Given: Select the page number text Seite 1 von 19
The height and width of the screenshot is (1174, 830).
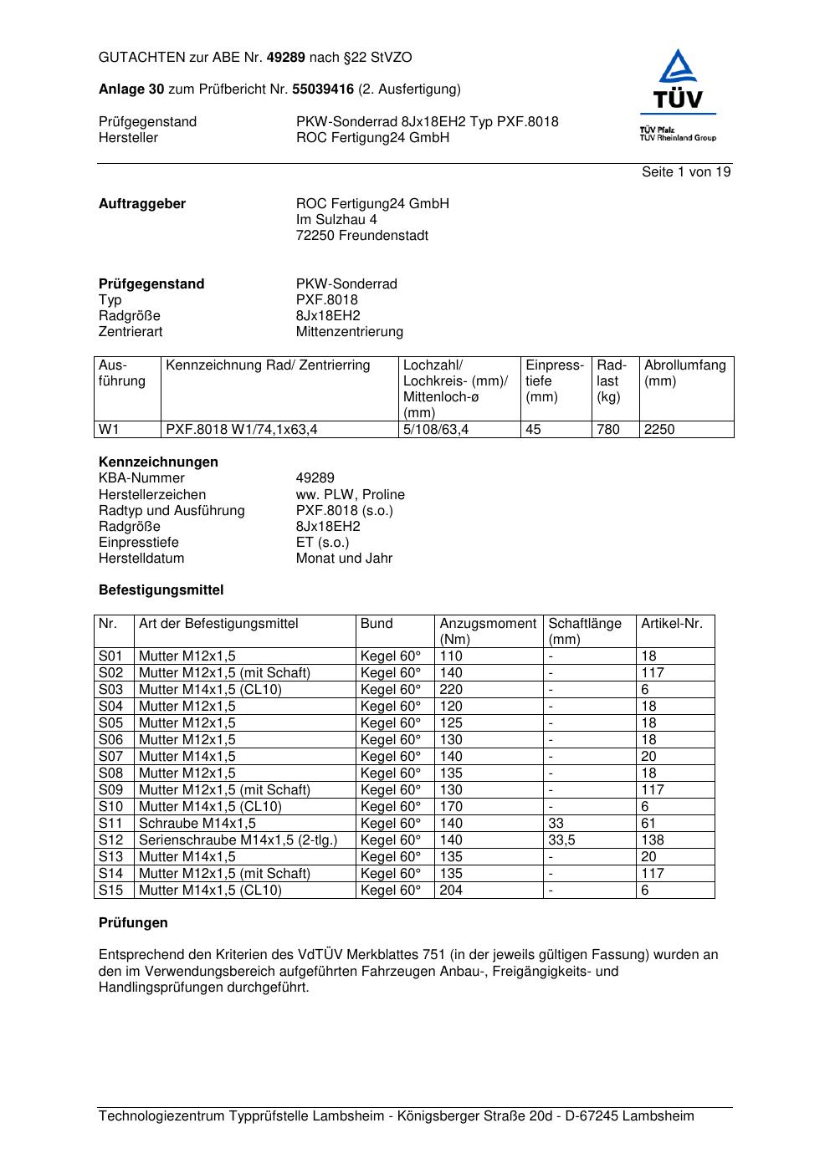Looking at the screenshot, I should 686,172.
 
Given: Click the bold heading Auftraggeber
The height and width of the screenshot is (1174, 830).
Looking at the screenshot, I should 142,204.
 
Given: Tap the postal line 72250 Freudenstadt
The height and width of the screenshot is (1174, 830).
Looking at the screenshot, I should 361,236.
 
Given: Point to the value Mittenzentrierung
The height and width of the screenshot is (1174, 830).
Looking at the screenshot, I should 349,332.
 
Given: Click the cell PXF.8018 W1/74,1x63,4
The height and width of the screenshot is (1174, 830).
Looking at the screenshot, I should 242,430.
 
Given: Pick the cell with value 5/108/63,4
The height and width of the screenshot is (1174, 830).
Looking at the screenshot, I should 436,430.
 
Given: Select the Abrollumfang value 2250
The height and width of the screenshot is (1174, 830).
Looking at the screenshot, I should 659,430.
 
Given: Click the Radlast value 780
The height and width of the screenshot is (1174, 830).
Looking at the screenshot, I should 608,430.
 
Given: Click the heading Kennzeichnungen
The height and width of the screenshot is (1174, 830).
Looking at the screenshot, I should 158,462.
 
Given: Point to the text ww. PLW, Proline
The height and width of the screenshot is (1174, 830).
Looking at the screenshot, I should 350,495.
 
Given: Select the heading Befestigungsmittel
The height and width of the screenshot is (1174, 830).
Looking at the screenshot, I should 161,590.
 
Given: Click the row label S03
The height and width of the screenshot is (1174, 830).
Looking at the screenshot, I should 111,690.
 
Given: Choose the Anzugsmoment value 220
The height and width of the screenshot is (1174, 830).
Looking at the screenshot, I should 451,690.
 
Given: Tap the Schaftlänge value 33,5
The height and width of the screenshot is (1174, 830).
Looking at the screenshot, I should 561,840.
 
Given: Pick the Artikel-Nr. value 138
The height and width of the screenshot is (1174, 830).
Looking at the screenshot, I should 653,840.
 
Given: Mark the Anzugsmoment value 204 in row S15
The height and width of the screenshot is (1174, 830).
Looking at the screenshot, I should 451,891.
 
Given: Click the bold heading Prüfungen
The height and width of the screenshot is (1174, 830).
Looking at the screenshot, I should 133,923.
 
